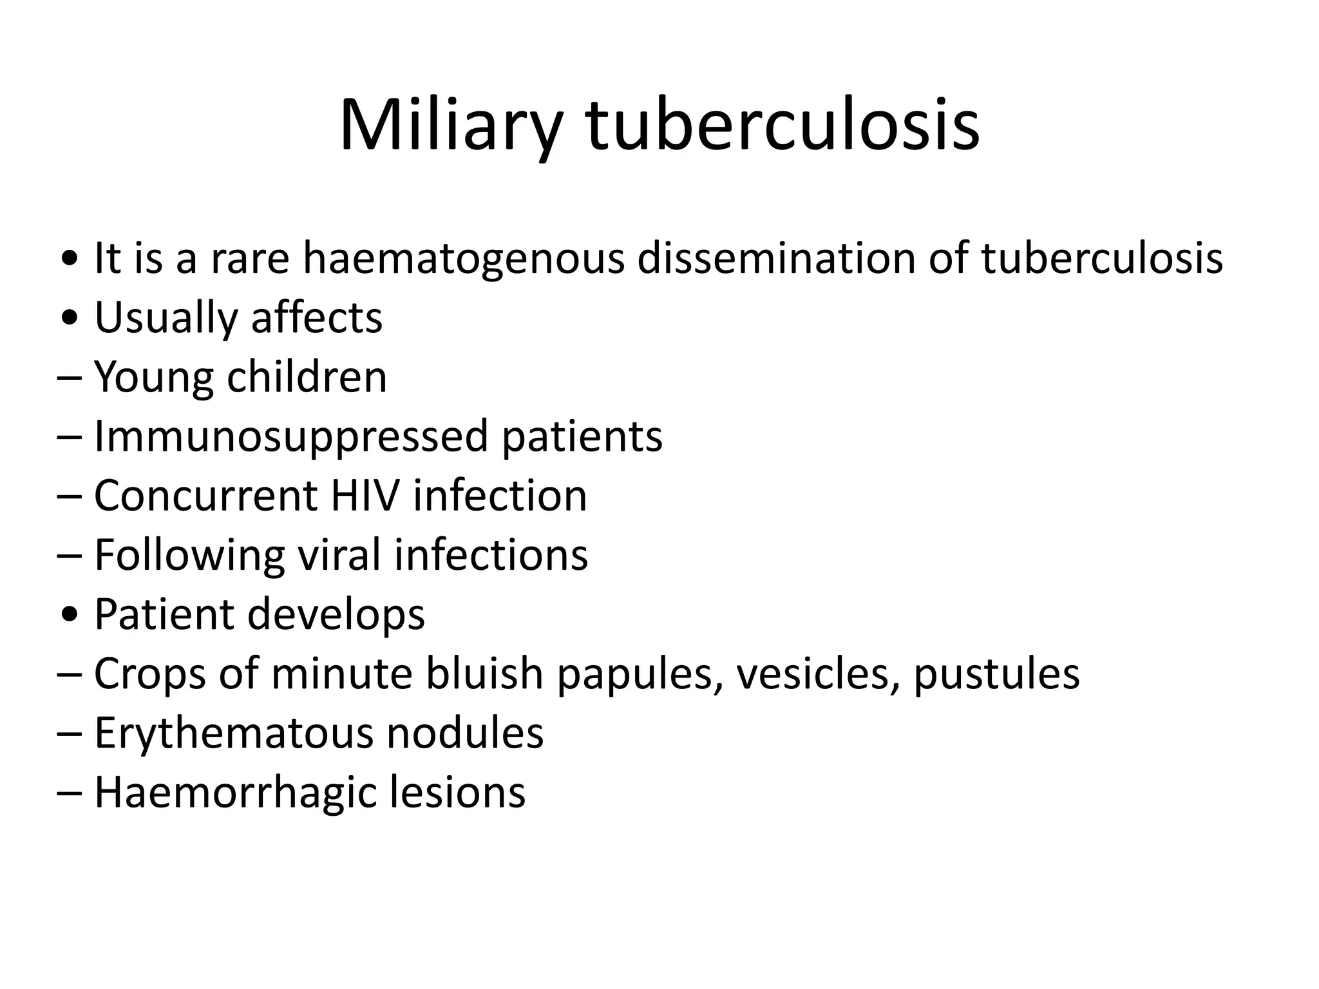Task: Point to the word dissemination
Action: click(775, 258)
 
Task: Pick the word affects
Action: click(317, 317)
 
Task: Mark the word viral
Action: click(339, 554)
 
